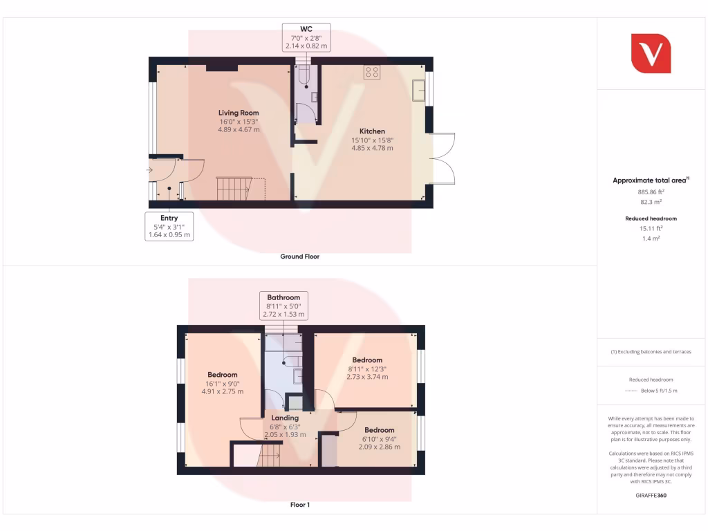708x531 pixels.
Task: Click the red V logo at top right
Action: click(x=651, y=53)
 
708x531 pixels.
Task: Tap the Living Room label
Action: click(x=239, y=113)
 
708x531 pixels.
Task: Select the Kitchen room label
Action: click(x=372, y=131)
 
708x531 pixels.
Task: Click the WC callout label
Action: click(x=306, y=29)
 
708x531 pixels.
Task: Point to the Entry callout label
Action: click(x=169, y=218)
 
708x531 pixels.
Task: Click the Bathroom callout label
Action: click(x=283, y=297)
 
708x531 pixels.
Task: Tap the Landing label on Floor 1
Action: click(x=285, y=418)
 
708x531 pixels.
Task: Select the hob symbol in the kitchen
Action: click(x=372, y=72)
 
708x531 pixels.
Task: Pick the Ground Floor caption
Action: click(x=299, y=257)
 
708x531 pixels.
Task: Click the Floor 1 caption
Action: click(x=299, y=505)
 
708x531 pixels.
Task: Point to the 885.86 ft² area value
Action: click(x=650, y=192)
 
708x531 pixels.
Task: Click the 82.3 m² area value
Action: click(x=650, y=202)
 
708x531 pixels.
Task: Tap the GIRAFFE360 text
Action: click(x=650, y=496)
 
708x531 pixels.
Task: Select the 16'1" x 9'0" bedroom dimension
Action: click(x=222, y=383)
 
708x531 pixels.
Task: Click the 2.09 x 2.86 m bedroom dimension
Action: click(x=380, y=447)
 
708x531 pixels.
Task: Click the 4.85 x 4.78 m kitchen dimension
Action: click(x=372, y=148)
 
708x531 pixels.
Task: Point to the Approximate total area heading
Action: click(x=650, y=180)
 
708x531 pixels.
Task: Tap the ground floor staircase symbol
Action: click(x=233, y=188)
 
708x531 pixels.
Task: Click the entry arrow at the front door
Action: click(x=151, y=169)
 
